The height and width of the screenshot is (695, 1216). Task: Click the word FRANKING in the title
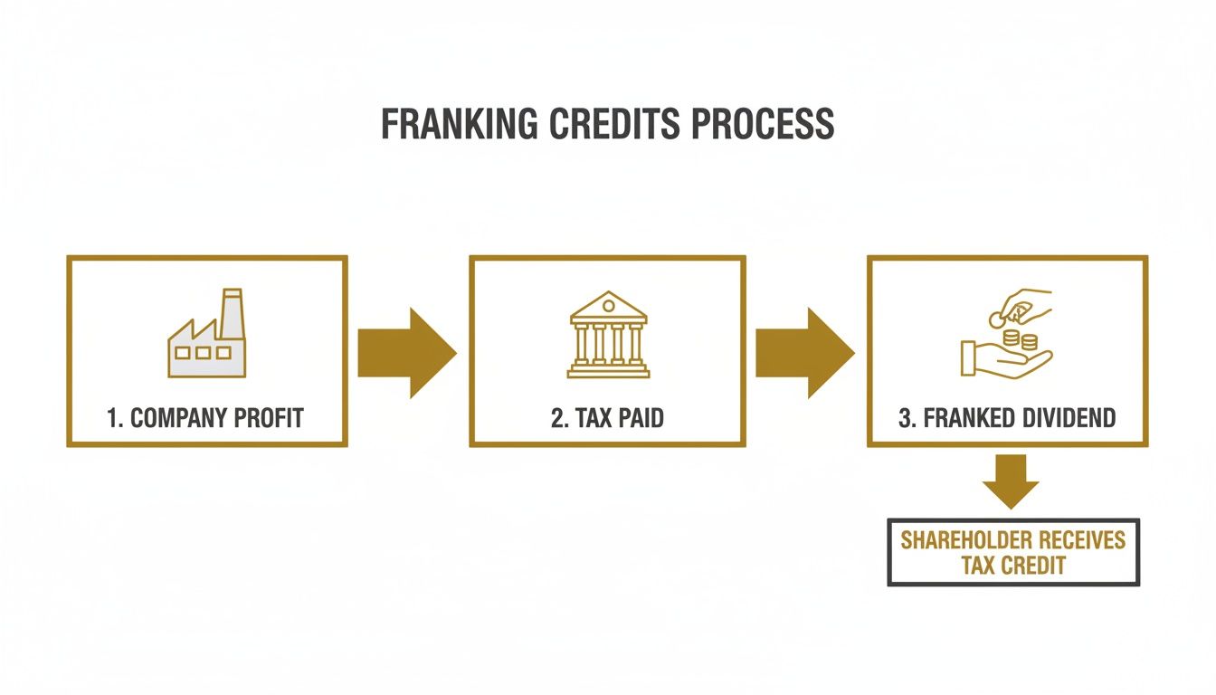pyautogui.click(x=460, y=124)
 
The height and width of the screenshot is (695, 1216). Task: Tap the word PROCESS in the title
pyautogui.click(x=763, y=124)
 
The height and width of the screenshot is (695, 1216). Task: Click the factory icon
pyautogui.click(x=207, y=333)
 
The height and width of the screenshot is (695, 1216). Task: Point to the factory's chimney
pyautogui.click(x=232, y=315)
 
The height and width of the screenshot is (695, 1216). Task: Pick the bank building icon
pyautogui.click(x=608, y=335)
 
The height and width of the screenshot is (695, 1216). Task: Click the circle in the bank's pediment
pyautogui.click(x=609, y=306)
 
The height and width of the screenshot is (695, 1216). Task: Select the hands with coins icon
pyautogui.click(x=1006, y=334)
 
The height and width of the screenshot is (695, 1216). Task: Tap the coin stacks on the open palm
pyautogui.click(x=1020, y=340)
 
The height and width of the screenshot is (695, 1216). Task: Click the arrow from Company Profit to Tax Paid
pyautogui.click(x=407, y=353)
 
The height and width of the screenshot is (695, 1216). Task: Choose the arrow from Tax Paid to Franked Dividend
pyautogui.click(x=805, y=353)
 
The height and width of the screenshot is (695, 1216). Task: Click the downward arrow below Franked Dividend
pyautogui.click(x=1011, y=481)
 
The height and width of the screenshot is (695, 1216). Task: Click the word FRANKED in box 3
pyautogui.click(x=969, y=418)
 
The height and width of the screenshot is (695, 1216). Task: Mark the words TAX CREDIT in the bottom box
pyautogui.click(x=1013, y=566)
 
